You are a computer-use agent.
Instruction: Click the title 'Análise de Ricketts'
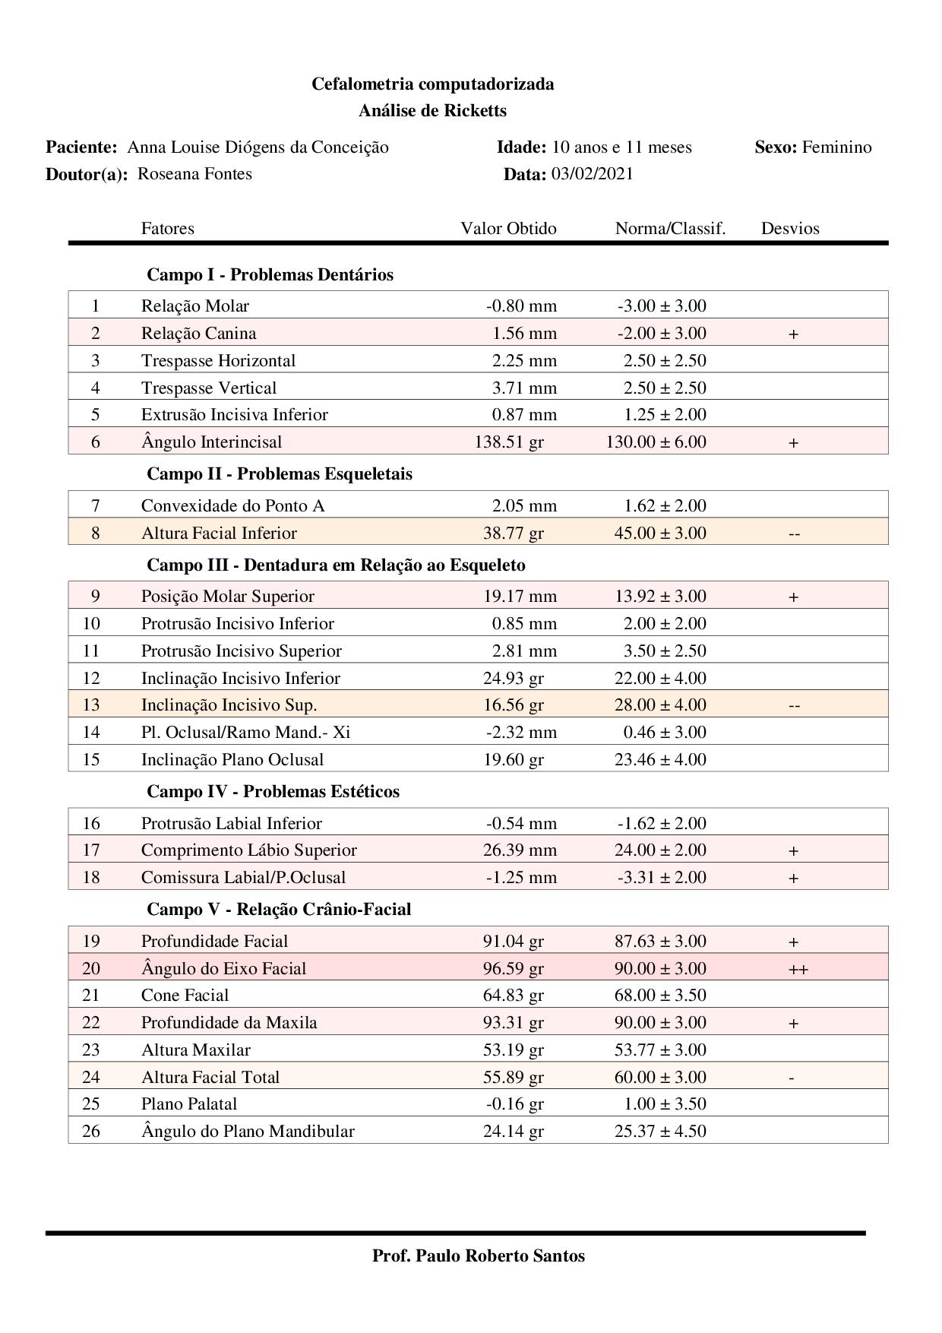click(x=432, y=111)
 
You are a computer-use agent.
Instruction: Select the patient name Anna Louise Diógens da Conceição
click(x=258, y=147)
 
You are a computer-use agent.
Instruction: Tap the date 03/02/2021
click(x=592, y=174)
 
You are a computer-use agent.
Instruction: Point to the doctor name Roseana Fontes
click(x=194, y=174)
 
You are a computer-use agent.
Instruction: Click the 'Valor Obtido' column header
click(x=508, y=229)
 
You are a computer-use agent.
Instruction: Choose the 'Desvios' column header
click(x=790, y=229)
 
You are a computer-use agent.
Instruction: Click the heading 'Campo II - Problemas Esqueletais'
click(x=280, y=474)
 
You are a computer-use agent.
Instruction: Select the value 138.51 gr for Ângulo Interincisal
click(x=509, y=442)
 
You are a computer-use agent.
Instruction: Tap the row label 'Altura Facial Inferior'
click(x=219, y=534)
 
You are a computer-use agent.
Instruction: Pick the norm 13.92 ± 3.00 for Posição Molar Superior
click(x=660, y=597)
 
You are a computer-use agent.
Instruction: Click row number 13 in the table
click(x=91, y=705)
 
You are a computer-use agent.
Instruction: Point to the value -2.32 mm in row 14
click(x=521, y=733)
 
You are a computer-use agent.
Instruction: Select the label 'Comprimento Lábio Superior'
click(x=248, y=850)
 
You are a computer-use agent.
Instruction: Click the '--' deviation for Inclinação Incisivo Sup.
click(x=794, y=706)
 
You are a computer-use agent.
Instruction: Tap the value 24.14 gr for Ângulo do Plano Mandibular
click(x=514, y=1132)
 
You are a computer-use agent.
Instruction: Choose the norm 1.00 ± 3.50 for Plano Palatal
click(x=660, y=1104)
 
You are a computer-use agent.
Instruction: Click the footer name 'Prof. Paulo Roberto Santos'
click(x=479, y=1256)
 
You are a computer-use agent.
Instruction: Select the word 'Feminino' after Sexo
click(x=836, y=147)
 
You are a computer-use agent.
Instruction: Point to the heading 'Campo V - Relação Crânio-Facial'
click(x=279, y=910)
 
